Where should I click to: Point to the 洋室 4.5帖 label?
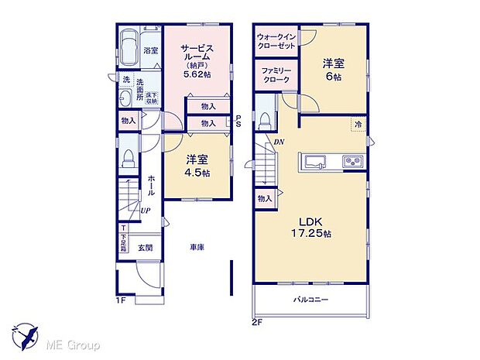coord(197,166)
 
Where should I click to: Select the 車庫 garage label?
coord(197,249)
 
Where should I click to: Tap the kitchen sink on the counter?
coord(317,160)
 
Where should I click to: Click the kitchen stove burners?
coord(351,161)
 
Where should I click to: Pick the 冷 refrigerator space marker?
coord(358,124)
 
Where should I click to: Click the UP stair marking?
coord(145,209)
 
